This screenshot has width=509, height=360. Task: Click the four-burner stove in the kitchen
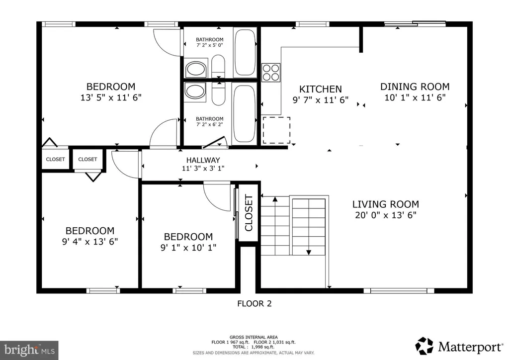[x=271, y=73]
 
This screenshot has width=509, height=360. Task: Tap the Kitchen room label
[x=321, y=89]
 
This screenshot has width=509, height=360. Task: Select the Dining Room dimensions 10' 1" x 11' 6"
[x=415, y=97]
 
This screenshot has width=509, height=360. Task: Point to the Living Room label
[x=386, y=204]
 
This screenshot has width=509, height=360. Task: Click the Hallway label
[x=203, y=160]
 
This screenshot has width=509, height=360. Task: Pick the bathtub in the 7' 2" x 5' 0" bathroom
[x=245, y=53]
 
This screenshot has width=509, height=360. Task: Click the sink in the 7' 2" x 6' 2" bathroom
[x=195, y=91]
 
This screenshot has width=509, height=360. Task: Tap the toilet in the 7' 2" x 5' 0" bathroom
[x=218, y=66]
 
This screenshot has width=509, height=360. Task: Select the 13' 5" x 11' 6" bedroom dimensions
[x=111, y=97]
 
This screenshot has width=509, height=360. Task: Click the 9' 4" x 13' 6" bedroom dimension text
[x=90, y=242]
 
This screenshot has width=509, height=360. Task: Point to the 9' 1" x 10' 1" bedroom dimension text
[x=188, y=247]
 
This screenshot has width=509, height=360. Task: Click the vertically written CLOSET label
[x=249, y=213]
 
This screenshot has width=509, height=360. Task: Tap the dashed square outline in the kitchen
[x=276, y=130]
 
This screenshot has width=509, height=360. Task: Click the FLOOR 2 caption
[x=254, y=303]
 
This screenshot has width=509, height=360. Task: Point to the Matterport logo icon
[x=424, y=346]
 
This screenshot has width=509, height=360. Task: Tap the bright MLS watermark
[x=29, y=350]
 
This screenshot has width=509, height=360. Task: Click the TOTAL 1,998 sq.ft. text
[x=254, y=347]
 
